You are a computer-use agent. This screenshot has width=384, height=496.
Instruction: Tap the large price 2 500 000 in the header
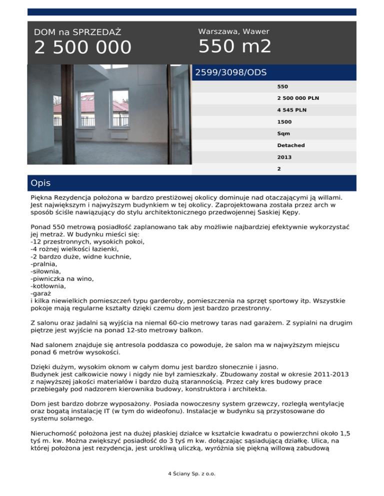(83, 48)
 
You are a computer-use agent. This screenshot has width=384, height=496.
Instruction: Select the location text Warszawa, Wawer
(233, 31)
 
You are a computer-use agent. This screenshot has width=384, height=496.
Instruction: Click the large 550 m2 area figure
(235, 47)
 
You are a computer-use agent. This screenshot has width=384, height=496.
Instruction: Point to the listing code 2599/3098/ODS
(230, 72)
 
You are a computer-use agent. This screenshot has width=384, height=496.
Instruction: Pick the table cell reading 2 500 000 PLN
(298, 98)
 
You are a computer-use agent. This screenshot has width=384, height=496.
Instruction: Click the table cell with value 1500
(284, 121)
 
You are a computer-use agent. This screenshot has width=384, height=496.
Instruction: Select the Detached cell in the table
(291, 145)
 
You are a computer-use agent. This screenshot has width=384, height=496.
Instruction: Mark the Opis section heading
(40, 183)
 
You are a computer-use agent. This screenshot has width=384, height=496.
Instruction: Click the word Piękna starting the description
(43, 198)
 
